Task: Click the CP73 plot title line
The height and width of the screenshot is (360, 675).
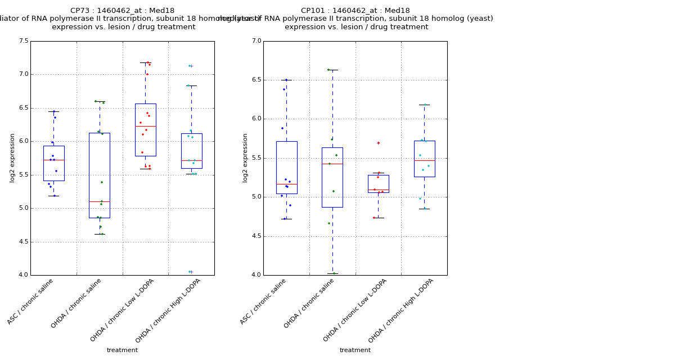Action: point(122,11)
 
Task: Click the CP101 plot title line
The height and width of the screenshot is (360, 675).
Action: point(355,11)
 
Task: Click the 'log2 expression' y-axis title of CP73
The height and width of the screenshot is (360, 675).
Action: point(12,157)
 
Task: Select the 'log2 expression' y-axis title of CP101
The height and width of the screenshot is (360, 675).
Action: point(245,157)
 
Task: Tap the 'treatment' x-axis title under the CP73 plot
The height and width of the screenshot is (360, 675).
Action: point(122,350)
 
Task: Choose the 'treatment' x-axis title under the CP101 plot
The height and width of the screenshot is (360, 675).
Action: point(355,350)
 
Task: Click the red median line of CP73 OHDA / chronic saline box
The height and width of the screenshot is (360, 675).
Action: point(100,201)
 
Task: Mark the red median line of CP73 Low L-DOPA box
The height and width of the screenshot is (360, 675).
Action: point(145,126)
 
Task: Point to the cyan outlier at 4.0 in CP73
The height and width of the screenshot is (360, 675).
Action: point(191,272)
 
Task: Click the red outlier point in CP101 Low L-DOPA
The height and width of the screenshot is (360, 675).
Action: point(378,143)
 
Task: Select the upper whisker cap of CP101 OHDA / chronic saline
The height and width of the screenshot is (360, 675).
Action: point(332,70)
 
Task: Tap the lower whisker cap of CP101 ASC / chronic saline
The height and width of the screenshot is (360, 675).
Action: point(286,219)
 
